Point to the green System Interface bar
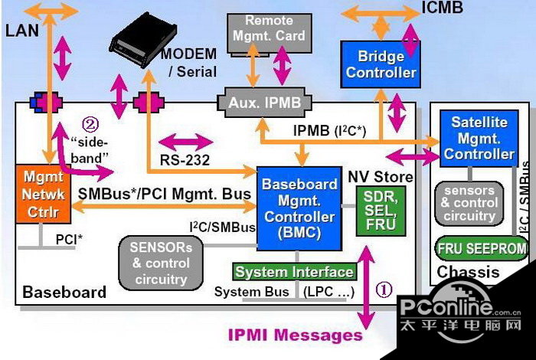pyautogui.click(x=294, y=272)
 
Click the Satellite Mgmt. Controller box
pyautogui.click(x=480, y=139)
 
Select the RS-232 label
pyautogui.click(x=185, y=160)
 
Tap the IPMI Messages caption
pyautogui.click(x=295, y=335)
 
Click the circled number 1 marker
pyautogui.click(x=384, y=290)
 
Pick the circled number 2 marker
pyautogui.click(x=90, y=123)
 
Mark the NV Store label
pyautogui.click(x=380, y=176)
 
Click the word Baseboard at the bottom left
pyautogui.click(x=64, y=293)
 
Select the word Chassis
pyautogui.click(x=468, y=272)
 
